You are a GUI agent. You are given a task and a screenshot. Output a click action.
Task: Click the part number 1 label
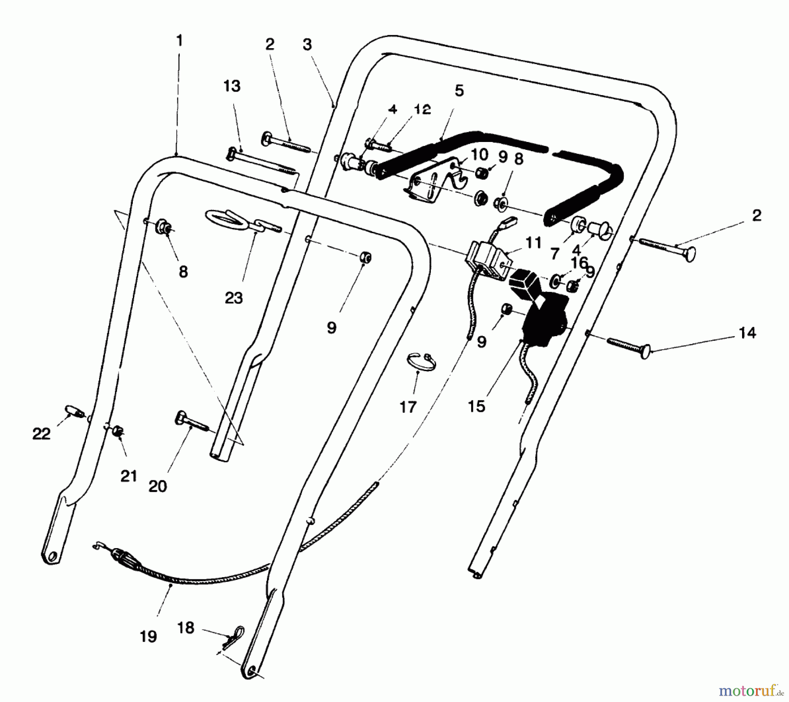[179, 41]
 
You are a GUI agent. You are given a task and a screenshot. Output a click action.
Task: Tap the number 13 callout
[232, 86]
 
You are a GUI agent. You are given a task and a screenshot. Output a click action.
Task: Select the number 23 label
[234, 298]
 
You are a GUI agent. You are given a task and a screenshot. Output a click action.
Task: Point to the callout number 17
[408, 407]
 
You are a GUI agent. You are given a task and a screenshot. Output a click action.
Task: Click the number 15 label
[476, 406]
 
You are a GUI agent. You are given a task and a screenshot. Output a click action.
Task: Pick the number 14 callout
[747, 333]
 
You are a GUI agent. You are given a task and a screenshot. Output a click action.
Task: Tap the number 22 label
[41, 434]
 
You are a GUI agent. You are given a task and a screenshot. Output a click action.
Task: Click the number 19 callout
[148, 636]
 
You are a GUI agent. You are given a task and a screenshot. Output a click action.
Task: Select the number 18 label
[185, 628]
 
